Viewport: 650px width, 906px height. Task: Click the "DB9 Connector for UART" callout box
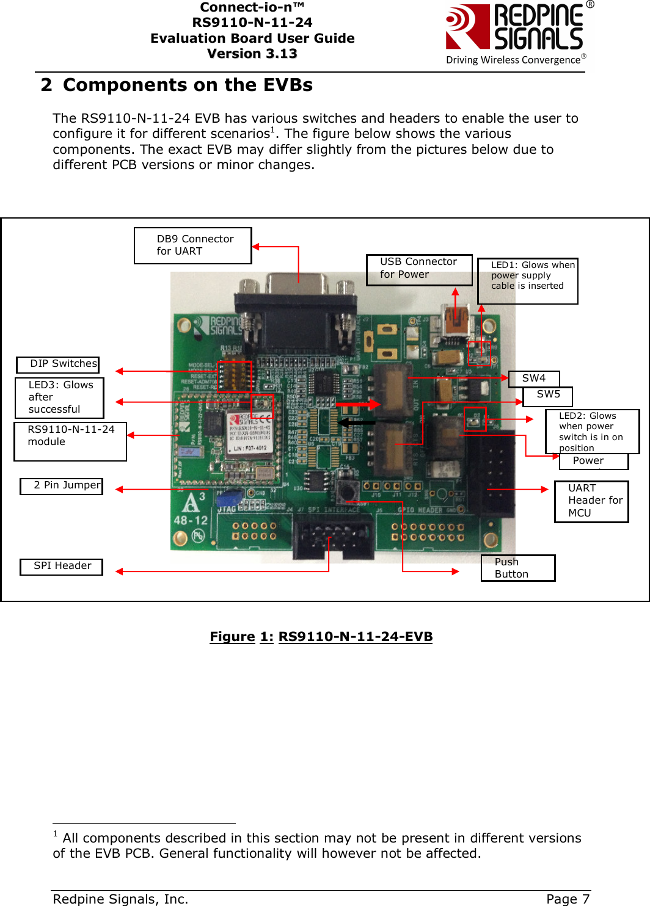point(192,245)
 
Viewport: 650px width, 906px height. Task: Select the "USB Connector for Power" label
point(419,269)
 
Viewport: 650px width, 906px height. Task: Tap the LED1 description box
point(527,280)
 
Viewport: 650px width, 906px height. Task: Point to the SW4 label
point(534,379)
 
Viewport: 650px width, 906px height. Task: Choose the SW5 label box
point(548,396)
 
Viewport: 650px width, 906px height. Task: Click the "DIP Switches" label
point(58,364)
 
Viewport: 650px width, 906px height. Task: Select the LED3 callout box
point(59,397)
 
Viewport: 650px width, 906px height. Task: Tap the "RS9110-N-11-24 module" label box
point(70,441)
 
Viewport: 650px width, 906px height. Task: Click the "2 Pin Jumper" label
point(61,486)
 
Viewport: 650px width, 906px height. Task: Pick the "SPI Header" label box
point(61,567)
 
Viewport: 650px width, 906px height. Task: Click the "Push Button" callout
point(517,568)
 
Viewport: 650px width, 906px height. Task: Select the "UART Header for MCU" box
point(591,501)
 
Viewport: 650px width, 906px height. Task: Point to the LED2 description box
point(591,431)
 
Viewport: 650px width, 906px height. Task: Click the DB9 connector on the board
point(296,305)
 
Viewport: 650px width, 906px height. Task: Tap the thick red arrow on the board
point(358,404)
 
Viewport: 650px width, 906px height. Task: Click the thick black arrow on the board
point(357,422)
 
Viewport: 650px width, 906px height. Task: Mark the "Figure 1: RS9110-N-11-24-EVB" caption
point(321,637)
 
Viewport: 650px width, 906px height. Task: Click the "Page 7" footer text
point(568,899)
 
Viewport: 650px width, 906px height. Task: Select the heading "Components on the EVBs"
point(188,85)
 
